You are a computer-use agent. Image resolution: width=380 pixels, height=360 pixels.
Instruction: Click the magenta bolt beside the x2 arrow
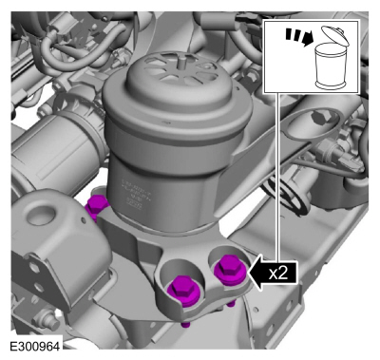(x=230, y=269)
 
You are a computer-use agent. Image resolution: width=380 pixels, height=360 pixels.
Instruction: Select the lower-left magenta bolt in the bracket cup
(x=183, y=292)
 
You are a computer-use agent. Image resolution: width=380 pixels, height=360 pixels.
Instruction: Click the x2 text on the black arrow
(x=278, y=273)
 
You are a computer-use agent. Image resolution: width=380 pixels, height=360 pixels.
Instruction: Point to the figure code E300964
(x=35, y=346)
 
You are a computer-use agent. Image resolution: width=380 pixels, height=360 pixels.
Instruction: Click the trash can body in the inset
(x=330, y=66)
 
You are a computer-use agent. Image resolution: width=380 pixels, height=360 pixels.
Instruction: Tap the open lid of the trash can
(x=335, y=34)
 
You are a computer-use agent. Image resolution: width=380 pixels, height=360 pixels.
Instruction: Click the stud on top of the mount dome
(x=181, y=62)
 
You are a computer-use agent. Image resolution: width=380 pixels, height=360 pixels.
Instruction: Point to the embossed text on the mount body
(x=132, y=193)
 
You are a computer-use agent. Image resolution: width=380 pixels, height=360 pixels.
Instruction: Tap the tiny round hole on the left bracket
(x=83, y=219)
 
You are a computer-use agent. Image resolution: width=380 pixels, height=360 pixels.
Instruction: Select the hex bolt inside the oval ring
(x=319, y=117)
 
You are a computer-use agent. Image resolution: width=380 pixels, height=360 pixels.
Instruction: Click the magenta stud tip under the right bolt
(x=231, y=304)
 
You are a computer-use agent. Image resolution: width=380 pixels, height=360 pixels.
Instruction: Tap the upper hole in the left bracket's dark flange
(x=34, y=270)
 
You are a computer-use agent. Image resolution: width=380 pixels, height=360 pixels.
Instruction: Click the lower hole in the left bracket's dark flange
(x=39, y=288)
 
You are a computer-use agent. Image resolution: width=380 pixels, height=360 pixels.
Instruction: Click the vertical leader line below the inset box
(x=278, y=178)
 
